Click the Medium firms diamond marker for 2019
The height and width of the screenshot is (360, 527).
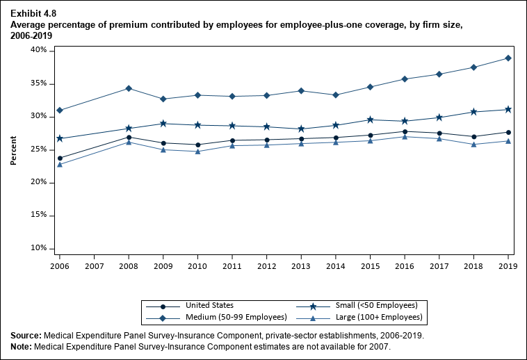pos(508,58)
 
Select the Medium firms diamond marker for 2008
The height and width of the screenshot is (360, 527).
pos(129,88)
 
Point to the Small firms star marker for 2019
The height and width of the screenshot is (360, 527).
pos(508,109)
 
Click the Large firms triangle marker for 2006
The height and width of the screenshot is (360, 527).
pos(60,165)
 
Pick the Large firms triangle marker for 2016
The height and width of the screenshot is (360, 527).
pos(405,136)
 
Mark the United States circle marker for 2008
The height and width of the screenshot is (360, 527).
pos(129,137)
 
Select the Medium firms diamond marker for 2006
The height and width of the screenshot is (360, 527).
pos(60,110)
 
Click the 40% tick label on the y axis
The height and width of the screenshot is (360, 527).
pos(39,50)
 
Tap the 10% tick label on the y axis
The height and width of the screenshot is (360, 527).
pos(39,248)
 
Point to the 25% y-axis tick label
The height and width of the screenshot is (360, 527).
pos(39,149)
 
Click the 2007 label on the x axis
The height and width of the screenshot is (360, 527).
pos(94,265)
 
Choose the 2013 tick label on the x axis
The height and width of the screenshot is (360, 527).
pos(301,265)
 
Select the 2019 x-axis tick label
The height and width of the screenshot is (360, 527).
pos(508,265)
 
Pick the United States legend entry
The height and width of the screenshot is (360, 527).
pos(209,305)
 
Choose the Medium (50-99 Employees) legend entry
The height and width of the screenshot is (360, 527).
pos(236,318)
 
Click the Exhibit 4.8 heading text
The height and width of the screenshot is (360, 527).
pos(33,13)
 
